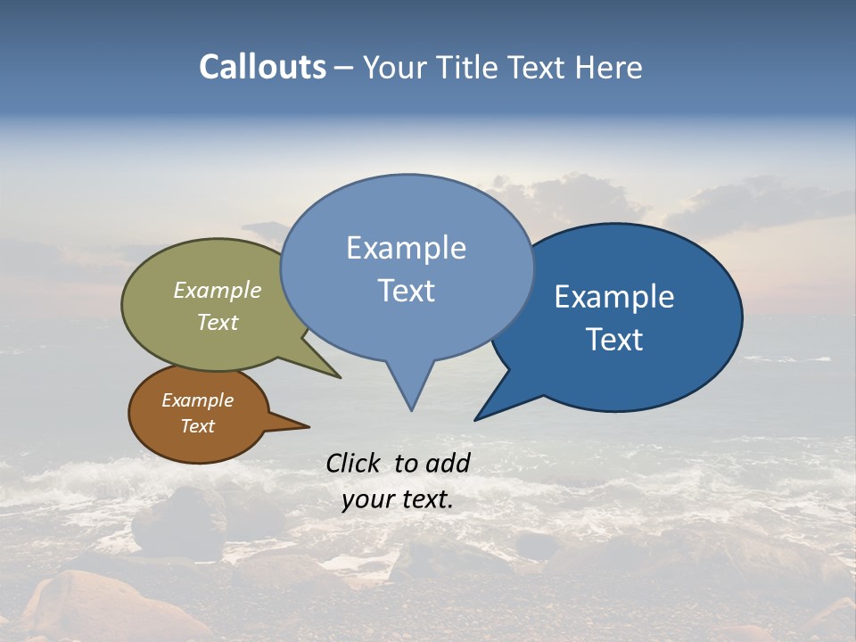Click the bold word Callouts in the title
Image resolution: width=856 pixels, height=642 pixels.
pyautogui.click(x=262, y=67)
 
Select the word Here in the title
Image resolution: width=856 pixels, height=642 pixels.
pyautogui.click(x=609, y=67)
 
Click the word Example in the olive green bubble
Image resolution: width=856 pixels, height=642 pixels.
pyautogui.click(x=218, y=290)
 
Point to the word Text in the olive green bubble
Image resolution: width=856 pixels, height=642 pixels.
pyautogui.click(x=218, y=322)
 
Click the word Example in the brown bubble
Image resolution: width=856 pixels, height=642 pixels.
pyautogui.click(x=197, y=400)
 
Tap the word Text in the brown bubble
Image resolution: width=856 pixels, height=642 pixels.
pyautogui.click(x=197, y=426)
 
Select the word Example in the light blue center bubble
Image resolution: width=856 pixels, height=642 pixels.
pyautogui.click(x=406, y=248)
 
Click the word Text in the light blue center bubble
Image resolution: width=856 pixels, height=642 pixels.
pyautogui.click(x=406, y=291)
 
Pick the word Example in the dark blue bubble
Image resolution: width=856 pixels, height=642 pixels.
pyautogui.click(x=614, y=297)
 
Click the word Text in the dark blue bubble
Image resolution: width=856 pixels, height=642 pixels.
pyautogui.click(x=614, y=340)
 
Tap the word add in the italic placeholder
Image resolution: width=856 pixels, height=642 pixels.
pyautogui.click(x=448, y=463)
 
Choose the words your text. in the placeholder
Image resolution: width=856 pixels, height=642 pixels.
pyautogui.click(x=398, y=499)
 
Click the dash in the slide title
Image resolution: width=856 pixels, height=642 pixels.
pyautogui.click(x=344, y=67)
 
